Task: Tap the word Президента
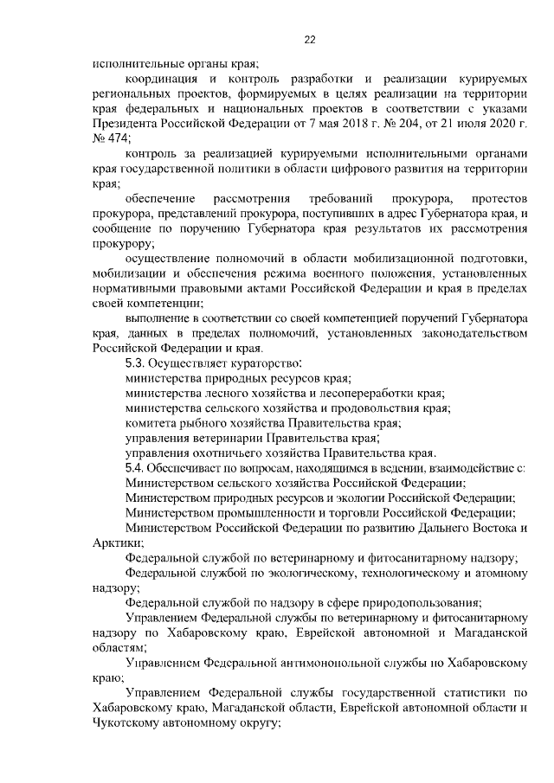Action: (x=126, y=123)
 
